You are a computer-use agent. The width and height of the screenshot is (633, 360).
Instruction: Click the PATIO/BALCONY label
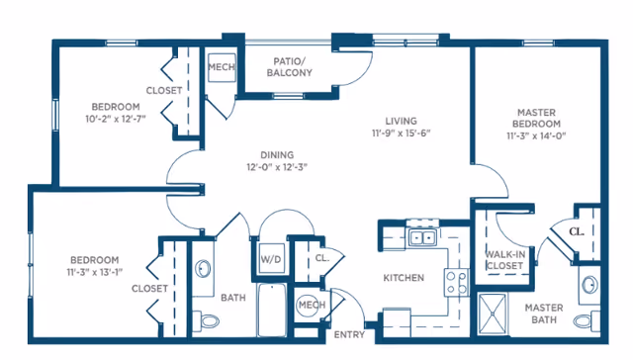[290, 67]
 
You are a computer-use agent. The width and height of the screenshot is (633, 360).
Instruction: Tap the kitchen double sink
[422, 237]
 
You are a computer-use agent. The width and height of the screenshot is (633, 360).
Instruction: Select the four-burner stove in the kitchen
[457, 283]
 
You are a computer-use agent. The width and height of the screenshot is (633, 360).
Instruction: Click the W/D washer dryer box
[271, 259]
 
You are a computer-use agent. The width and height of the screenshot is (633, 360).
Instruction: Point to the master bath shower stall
[493, 314]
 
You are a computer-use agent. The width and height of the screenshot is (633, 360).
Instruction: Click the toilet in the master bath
[587, 319]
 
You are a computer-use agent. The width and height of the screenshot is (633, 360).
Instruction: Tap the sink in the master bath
[589, 286]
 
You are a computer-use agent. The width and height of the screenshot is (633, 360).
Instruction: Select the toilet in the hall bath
[206, 320]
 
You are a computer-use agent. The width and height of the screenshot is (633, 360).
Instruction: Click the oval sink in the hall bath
[203, 269]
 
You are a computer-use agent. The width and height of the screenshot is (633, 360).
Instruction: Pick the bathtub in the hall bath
[272, 310]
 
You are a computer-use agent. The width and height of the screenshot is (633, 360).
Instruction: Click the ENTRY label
[349, 334]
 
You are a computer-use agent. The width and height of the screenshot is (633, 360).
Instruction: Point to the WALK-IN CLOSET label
[504, 260]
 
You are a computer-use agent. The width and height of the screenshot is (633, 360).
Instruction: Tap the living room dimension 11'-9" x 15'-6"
[401, 133]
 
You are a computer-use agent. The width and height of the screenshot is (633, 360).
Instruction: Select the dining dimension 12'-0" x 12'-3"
[277, 167]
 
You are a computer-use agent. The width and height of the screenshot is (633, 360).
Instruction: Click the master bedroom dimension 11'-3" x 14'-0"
[536, 135]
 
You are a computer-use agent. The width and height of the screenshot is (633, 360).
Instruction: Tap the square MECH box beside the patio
[222, 67]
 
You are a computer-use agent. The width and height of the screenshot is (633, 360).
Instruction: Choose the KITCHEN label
[404, 278]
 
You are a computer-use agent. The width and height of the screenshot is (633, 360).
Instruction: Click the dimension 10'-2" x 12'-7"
[116, 119]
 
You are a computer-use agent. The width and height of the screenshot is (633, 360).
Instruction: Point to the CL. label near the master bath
[577, 231]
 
